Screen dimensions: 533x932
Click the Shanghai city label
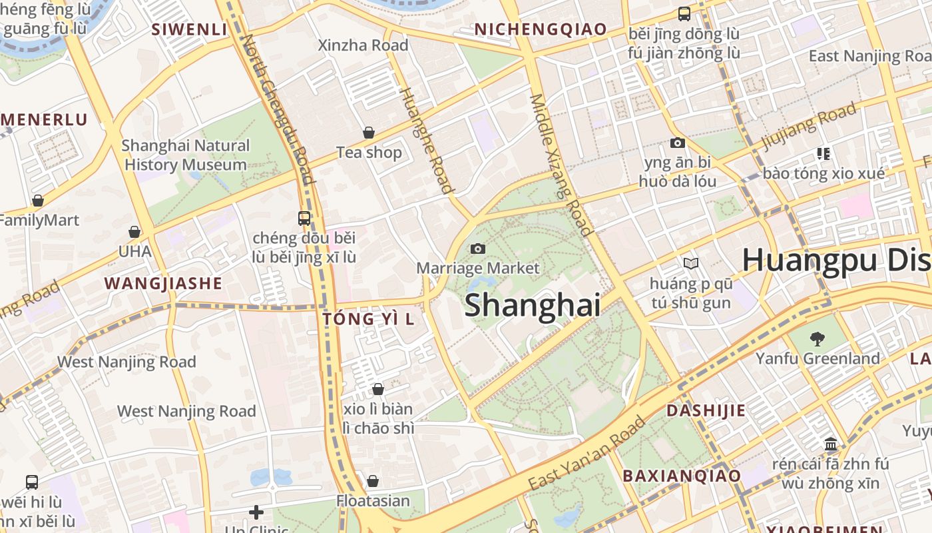pyautogui.click(x=532, y=305)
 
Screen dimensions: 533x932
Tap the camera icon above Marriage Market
pyautogui.click(x=477, y=249)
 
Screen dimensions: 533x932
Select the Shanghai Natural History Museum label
pyautogui.click(x=186, y=155)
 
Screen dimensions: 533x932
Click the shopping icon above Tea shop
pyautogui.click(x=369, y=133)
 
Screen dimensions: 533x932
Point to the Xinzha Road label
pyautogui.click(x=363, y=45)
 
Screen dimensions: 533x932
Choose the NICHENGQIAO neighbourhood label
pyautogui.click(x=540, y=29)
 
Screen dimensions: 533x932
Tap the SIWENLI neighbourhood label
pyautogui.click(x=189, y=29)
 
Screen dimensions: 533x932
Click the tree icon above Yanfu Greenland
pyautogui.click(x=817, y=339)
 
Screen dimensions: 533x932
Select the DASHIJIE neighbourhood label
pyautogui.click(x=706, y=410)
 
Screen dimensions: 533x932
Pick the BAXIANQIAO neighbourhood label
pyautogui.click(x=681, y=476)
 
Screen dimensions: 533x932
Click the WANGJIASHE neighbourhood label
pyautogui.click(x=163, y=283)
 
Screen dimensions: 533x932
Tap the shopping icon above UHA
pyautogui.click(x=134, y=232)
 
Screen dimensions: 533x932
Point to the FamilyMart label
pyautogui.click(x=39, y=220)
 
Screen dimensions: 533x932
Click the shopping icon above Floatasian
pyautogui.click(x=373, y=481)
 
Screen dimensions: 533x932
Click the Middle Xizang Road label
pyautogui.click(x=561, y=165)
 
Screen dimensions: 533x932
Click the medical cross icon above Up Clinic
pyautogui.click(x=256, y=512)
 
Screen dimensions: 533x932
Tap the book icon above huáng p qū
pyautogui.click(x=691, y=264)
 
